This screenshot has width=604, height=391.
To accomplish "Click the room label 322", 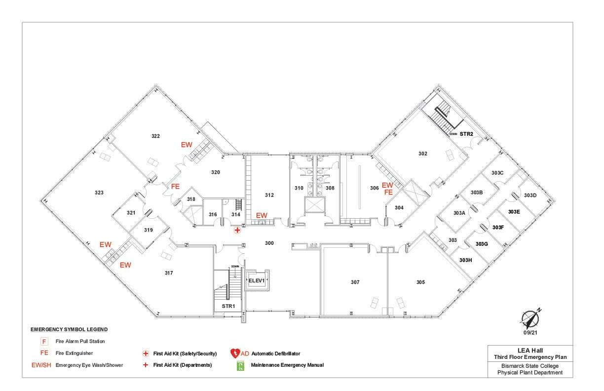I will [x=155, y=136].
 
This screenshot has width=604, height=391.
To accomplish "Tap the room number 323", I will [x=99, y=192].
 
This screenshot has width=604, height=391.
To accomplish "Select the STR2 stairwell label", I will [x=466, y=134].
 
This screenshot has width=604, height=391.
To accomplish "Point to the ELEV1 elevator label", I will [x=257, y=280].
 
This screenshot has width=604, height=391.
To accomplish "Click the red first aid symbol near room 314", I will [x=237, y=230].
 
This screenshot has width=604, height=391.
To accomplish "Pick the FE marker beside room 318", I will [x=175, y=187].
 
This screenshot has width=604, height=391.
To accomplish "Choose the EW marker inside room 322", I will [x=186, y=145].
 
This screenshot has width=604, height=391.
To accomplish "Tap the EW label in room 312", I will [x=261, y=215].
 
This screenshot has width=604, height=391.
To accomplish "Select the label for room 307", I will [x=355, y=282].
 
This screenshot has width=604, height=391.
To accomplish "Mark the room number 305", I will [x=420, y=282].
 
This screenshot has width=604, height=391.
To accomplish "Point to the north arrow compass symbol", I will [x=530, y=318].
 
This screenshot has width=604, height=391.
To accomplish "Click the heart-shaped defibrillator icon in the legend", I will [x=235, y=353].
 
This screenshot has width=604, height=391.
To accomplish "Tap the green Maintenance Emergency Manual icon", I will [x=241, y=366].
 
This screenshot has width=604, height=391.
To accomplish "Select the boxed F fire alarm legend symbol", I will [x=44, y=341].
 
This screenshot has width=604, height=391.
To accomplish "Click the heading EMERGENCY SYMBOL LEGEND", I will [x=69, y=329].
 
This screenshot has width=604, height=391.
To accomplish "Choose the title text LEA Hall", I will [x=530, y=350].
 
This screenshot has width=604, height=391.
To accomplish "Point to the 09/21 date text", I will [x=530, y=333].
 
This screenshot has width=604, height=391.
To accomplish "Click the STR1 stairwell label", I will [x=228, y=306].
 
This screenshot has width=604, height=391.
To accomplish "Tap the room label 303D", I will [x=530, y=195].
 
